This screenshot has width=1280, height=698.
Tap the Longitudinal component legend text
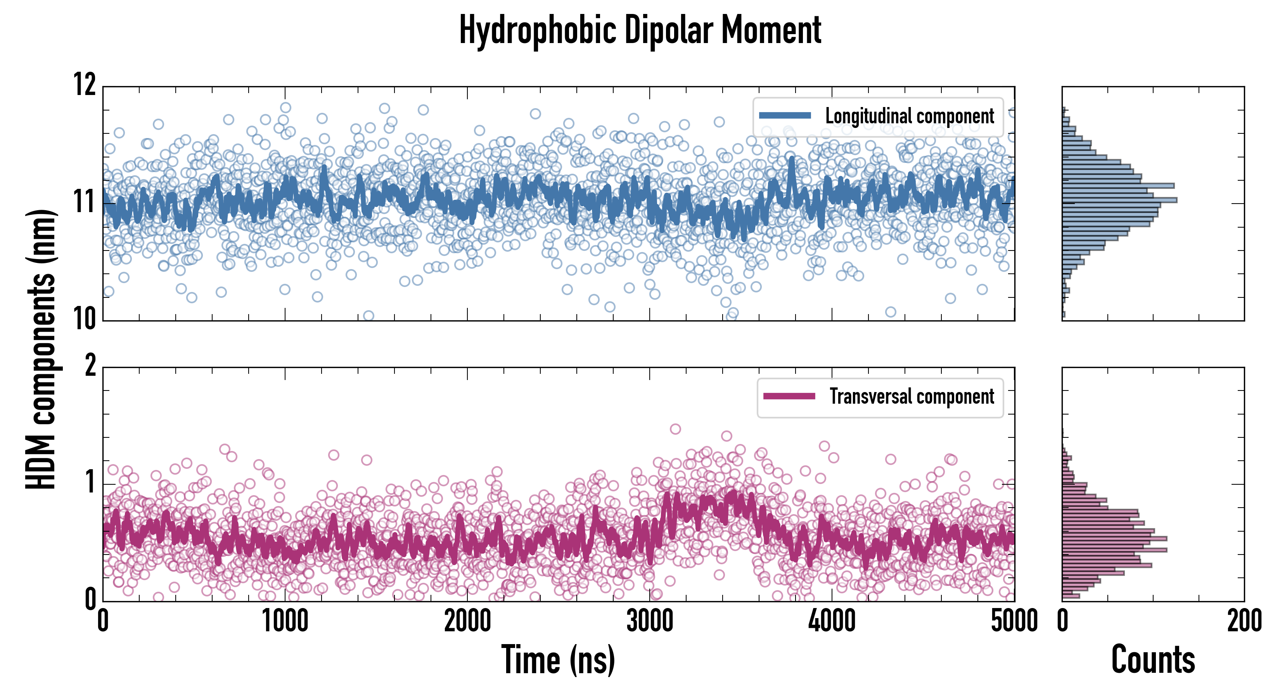tap(909, 116)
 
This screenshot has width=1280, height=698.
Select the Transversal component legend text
tap(912, 396)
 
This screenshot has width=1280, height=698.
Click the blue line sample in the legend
tap(785, 116)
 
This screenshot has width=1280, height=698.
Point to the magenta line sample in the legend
tap(789, 396)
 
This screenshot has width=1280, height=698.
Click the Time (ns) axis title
tap(558, 660)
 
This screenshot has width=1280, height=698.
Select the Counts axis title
tap(1153, 660)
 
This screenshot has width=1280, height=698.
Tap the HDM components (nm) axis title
tap(41, 349)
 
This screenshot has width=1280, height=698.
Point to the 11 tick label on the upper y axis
tap(85, 202)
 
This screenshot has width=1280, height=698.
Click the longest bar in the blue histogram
tap(1119, 200)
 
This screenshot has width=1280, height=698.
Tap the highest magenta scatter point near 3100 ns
tap(675, 429)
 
